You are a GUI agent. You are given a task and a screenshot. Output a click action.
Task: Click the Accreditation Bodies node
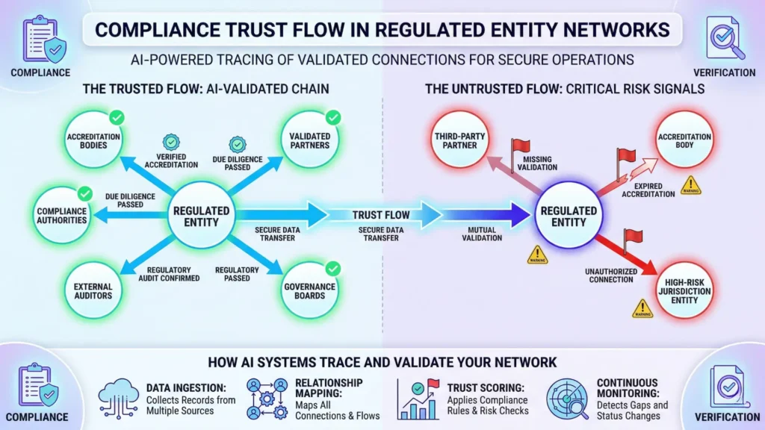click(x=93, y=140)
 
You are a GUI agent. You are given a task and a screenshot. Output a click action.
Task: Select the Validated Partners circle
click(x=310, y=140)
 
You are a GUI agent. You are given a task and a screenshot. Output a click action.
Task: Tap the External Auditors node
click(x=93, y=290)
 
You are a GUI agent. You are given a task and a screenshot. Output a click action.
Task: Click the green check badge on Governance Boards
click(x=333, y=268)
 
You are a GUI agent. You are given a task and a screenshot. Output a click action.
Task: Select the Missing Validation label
click(x=540, y=163)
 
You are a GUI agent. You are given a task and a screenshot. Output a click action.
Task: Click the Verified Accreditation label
click(x=173, y=161)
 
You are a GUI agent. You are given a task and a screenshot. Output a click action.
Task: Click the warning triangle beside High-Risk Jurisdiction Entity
click(x=641, y=308)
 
